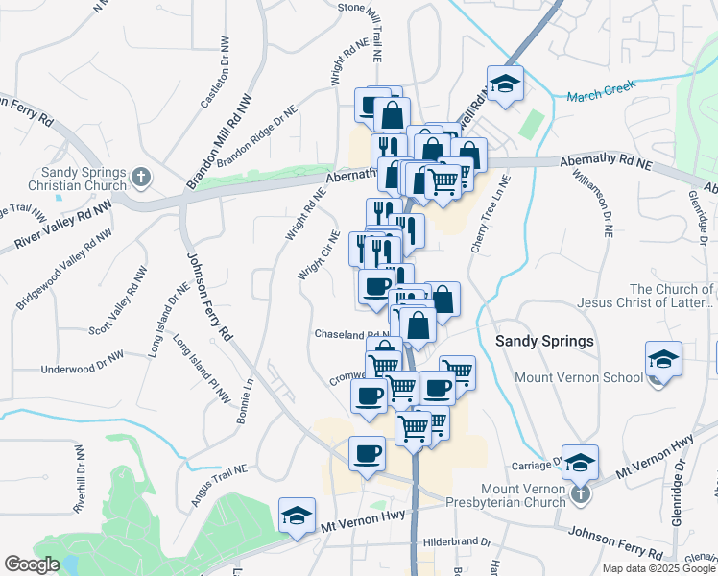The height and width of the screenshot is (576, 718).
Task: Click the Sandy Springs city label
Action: (x=544, y=341)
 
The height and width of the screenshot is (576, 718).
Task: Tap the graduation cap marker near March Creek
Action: (x=505, y=84)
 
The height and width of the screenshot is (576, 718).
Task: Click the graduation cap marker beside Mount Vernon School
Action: (x=663, y=360)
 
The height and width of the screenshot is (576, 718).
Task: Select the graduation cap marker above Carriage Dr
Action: (x=580, y=463)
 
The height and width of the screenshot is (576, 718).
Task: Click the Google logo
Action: (x=33, y=564)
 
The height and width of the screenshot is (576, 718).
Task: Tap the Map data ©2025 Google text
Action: (x=659, y=568)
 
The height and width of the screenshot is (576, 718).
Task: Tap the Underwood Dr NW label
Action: (x=83, y=368)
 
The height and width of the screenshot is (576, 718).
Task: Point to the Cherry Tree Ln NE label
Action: (x=486, y=220)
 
